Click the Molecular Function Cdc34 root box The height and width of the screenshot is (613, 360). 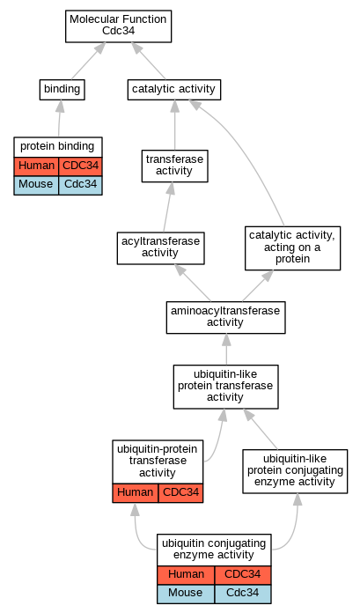(x=119, y=26)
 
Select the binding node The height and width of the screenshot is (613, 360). (x=62, y=90)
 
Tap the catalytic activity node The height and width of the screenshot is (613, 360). (x=174, y=90)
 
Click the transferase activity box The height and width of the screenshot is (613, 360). (x=175, y=166)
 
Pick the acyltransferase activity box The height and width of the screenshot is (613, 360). (x=161, y=248)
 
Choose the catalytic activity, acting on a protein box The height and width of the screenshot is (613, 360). (x=293, y=247)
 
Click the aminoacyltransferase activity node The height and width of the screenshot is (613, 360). (x=225, y=317)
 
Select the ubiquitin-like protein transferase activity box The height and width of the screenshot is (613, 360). (x=225, y=387)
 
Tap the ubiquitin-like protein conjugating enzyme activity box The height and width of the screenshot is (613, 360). (x=295, y=471)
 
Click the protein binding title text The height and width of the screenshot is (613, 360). (x=57, y=146)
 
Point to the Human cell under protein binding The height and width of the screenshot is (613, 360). (x=36, y=166)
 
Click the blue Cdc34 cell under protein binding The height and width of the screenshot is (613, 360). (x=80, y=185)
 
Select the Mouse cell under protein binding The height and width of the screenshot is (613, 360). (x=36, y=185)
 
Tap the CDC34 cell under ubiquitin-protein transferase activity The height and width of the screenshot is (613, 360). (x=181, y=492)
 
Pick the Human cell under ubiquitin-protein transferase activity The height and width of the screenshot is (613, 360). (x=136, y=492)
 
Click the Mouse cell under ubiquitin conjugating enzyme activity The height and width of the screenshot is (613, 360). (x=186, y=594)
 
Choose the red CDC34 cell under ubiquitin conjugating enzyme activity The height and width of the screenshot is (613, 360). (x=243, y=575)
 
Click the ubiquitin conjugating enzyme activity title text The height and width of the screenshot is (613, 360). (x=214, y=550)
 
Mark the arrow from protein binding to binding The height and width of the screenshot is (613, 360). (x=60, y=118)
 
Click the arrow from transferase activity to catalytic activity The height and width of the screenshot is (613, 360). (x=175, y=125)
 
